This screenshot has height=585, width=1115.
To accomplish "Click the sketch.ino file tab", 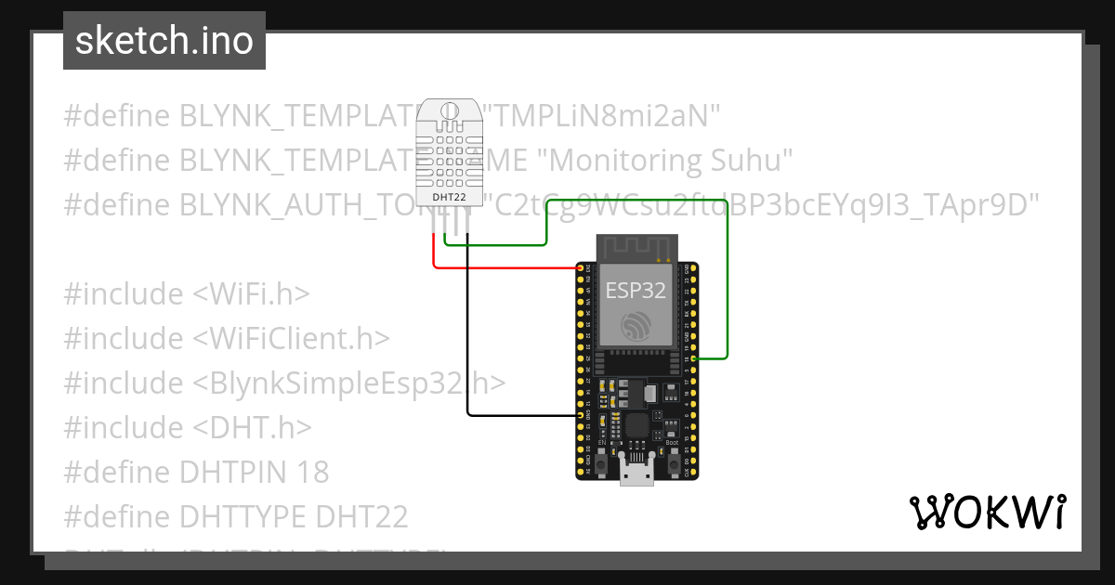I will (x=164, y=41).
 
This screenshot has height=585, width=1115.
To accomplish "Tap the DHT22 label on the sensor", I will (x=451, y=197).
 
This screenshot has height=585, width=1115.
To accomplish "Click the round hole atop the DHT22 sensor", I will (x=451, y=114).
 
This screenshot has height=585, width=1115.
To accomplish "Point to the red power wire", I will (x=502, y=268).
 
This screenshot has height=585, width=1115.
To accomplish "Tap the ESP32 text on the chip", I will (x=636, y=290).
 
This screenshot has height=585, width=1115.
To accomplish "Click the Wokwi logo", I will (x=987, y=512).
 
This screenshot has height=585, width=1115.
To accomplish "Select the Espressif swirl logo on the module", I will (x=636, y=325).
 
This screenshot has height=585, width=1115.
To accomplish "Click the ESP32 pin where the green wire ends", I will (x=694, y=357).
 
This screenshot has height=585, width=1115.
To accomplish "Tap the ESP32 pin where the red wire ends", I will (x=580, y=268).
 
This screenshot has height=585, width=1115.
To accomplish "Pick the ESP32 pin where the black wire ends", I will (x=580, y=415).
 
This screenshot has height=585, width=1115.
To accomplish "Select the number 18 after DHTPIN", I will (x=314, y=472).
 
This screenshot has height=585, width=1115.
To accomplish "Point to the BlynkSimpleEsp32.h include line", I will (x=284, y=383).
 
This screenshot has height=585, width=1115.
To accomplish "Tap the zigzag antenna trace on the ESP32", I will (x=636, y=248).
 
